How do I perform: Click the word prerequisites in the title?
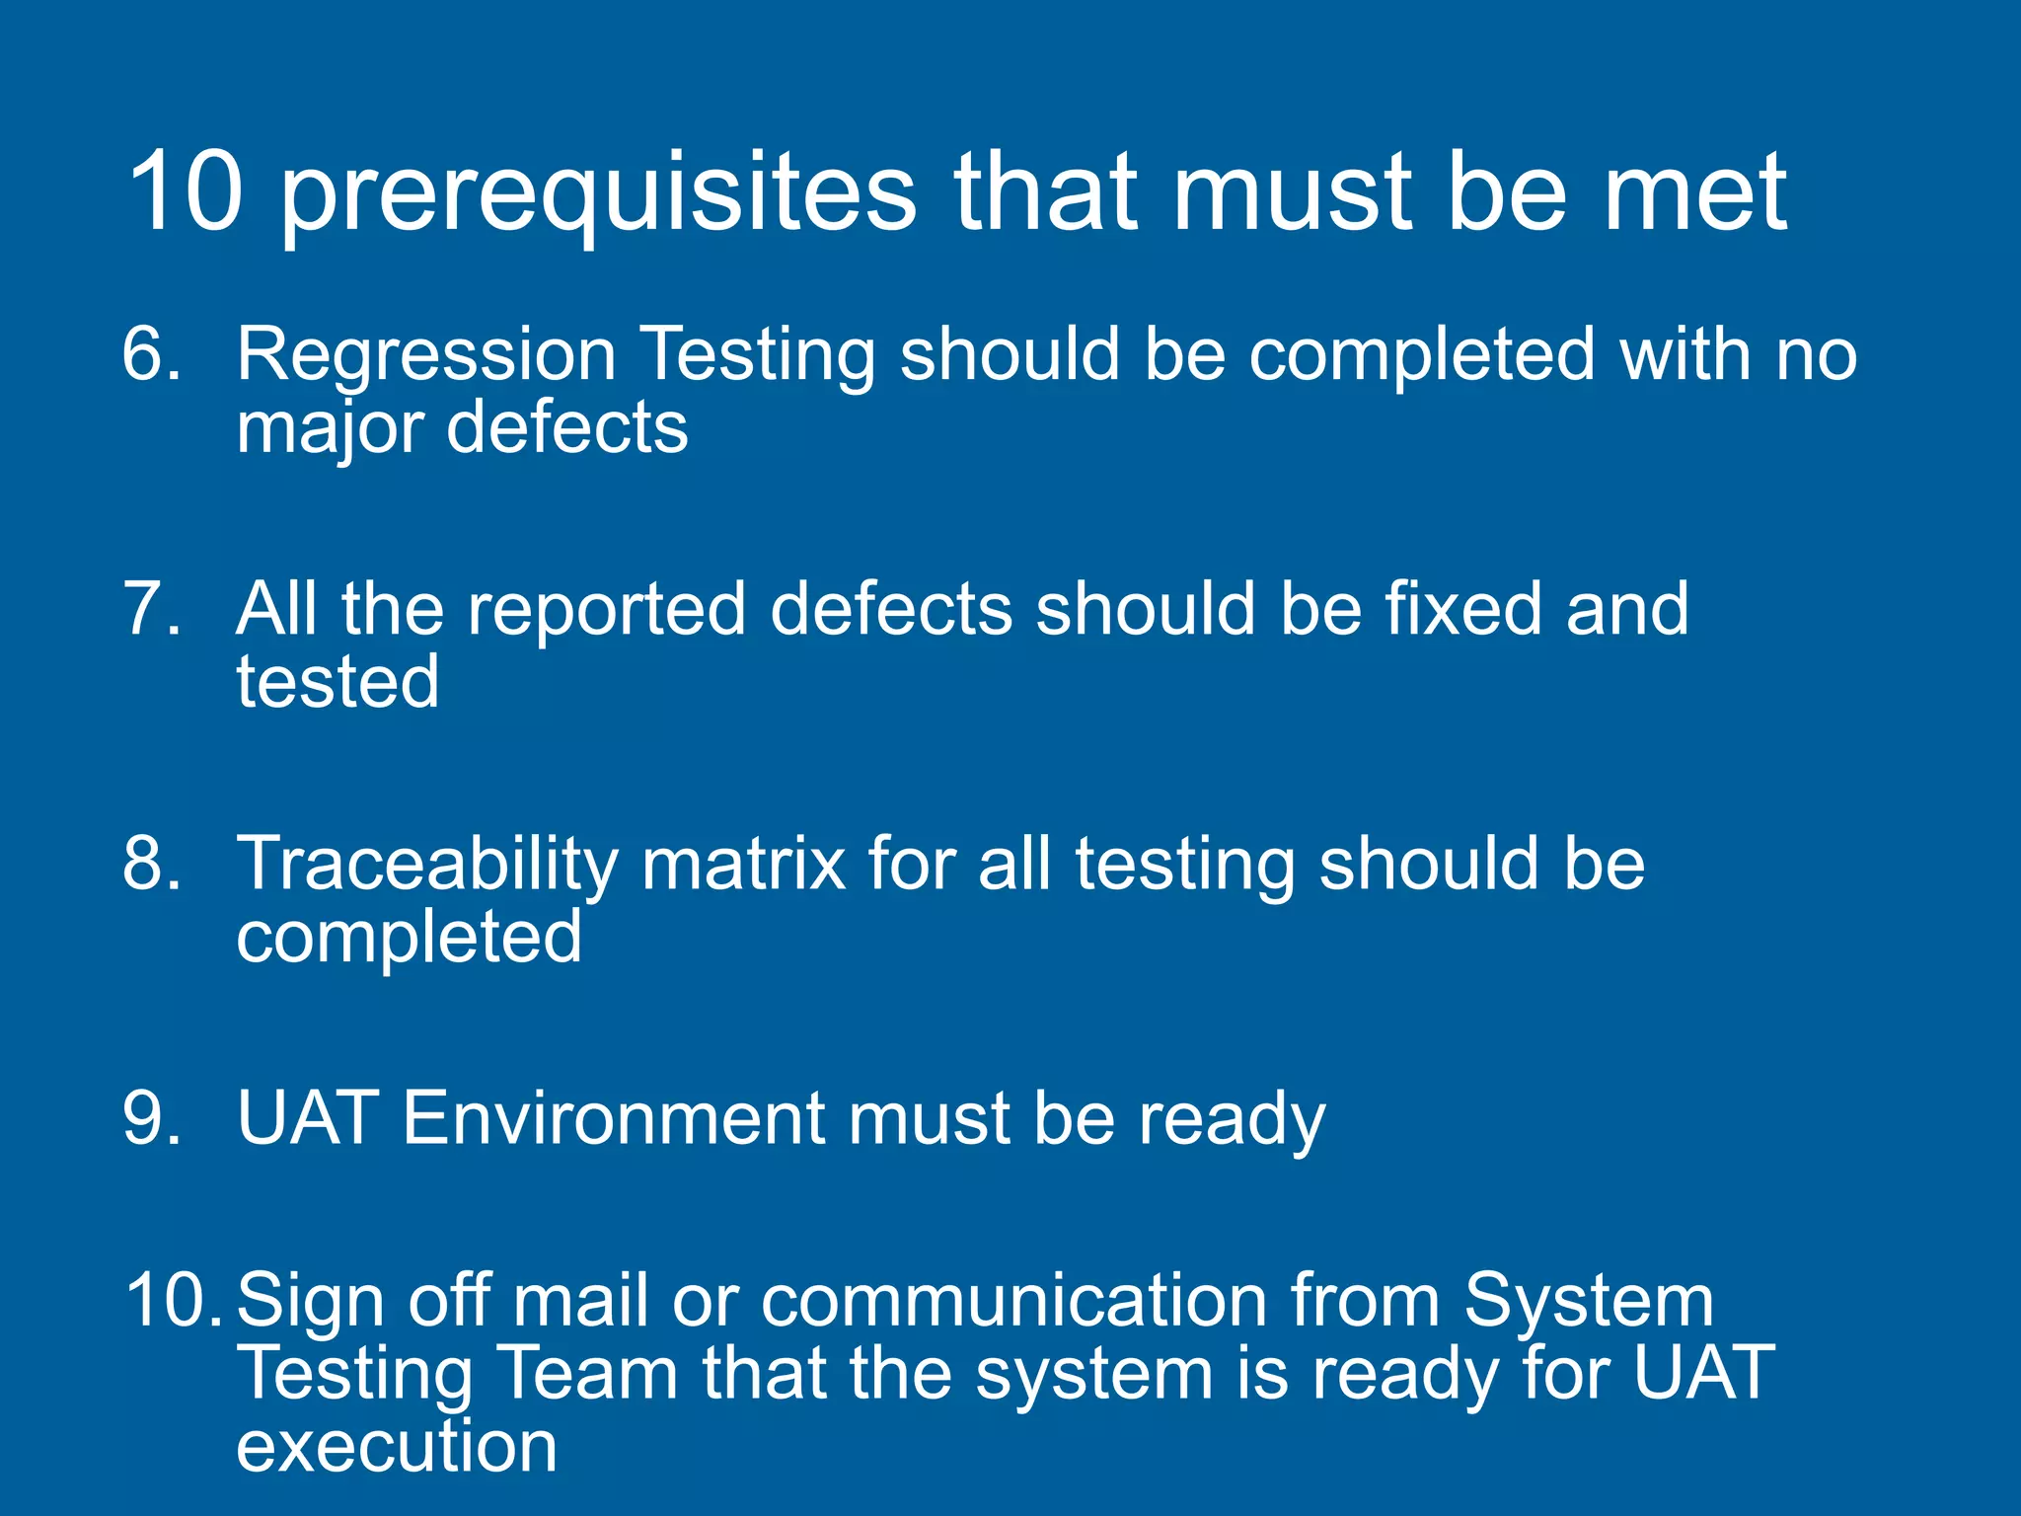point(598,194)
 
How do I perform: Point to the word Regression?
point(426,355)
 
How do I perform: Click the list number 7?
point(151,608)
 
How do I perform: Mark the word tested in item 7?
point(337,682)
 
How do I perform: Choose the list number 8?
point(151,864)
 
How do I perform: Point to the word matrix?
point(742,864)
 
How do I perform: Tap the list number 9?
point(151,1118)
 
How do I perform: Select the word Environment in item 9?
point(613,1118)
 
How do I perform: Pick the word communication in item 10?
point(1013,1300)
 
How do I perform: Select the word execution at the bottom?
point(397,1447)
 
